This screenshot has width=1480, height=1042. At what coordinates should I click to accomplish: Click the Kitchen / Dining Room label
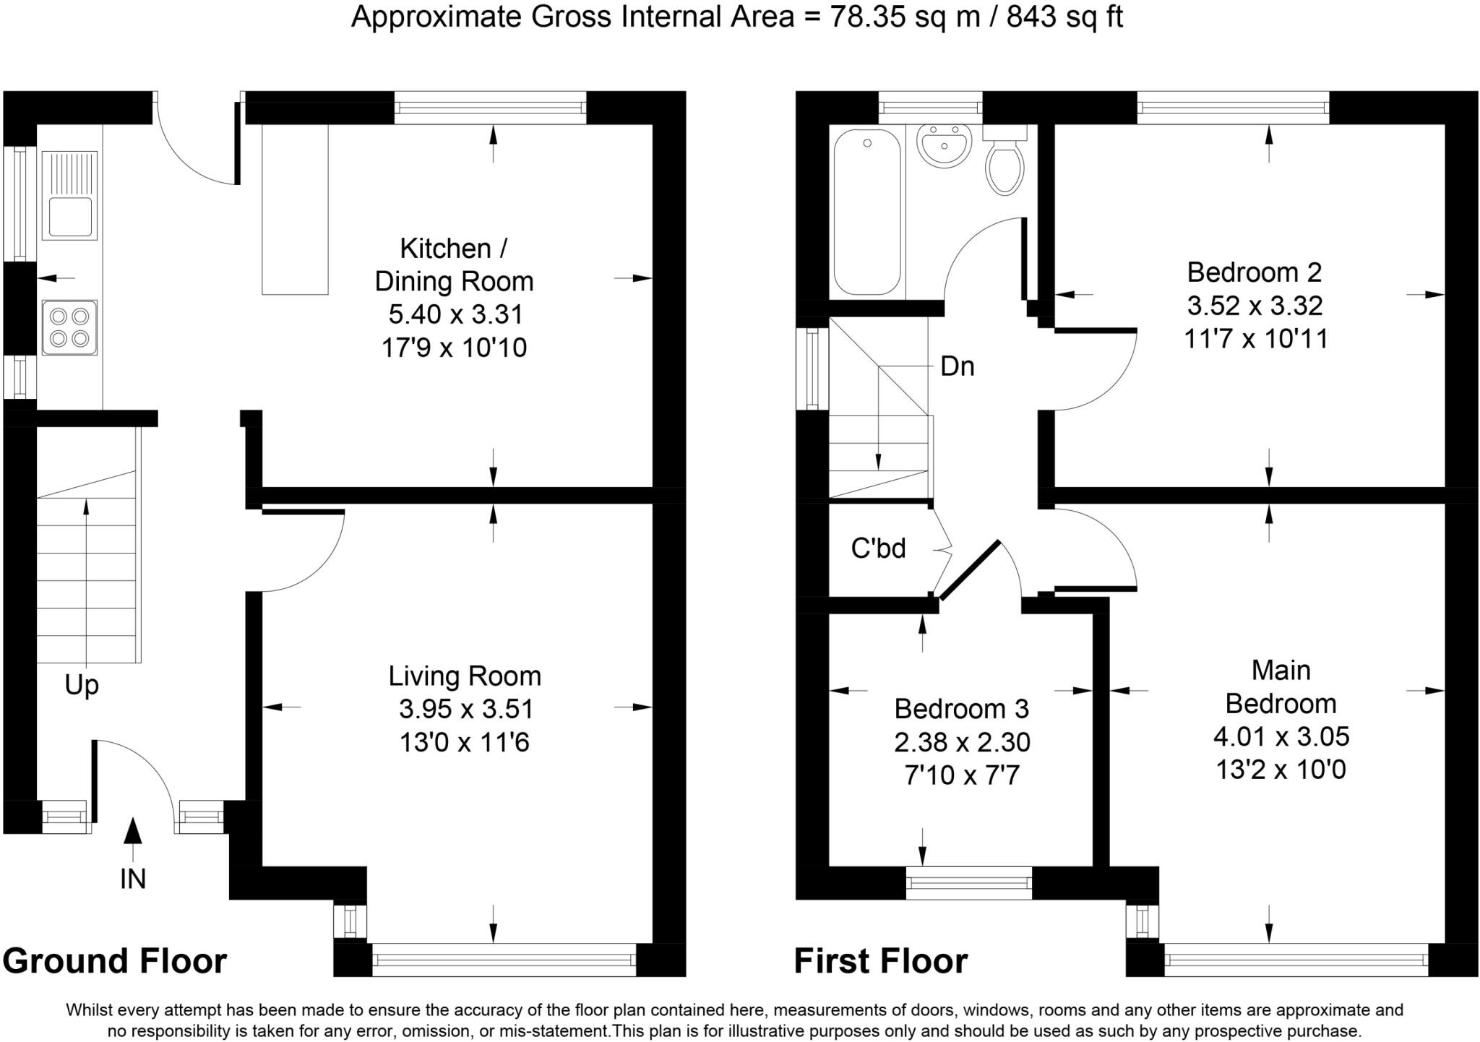pyautogui.click(x=454, y=264)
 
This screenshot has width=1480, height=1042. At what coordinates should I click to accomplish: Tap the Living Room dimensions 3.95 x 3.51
pyautogui.click(x=466, y=709)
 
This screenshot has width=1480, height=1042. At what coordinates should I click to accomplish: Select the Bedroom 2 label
pyautogui.click(x=1255, y=272)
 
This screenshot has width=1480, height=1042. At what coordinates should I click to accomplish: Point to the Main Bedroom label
pyautogui.click(x=1281, y=686)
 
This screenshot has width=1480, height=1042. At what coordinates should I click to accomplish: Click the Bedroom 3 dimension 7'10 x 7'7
pyautogui.click(x=962, y=775)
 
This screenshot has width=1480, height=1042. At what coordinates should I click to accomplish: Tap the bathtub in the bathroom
pyautogui.click(x=867, y=212)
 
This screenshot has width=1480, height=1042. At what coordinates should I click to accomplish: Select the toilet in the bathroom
pyautogui.click(x=1004, y=160)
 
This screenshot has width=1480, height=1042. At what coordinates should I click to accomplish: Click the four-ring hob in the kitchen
pyautogui.click(x=69, y=327)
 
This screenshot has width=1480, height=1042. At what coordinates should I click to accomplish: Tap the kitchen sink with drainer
pyautogui.click(x=69, y=195)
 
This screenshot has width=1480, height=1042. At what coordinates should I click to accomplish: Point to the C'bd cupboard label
pyautogui.click(x=878, y=548)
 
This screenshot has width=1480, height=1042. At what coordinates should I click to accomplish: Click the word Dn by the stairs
pyautogui.click(x=958, y=366)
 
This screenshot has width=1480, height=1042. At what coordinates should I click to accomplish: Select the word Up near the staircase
pyautogui.click(x=82, y=685)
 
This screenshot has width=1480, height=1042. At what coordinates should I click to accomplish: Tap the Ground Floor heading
pyautogui.click(x=115, y=961)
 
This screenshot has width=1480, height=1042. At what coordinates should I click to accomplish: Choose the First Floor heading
pyautogui.click(x=881, y=961)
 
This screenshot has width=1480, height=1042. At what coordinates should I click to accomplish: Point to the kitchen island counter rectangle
pyautogui.click(x=295, y=210)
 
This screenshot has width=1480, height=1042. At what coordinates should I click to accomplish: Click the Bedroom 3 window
pyautogui.click(x=969, y=882)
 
